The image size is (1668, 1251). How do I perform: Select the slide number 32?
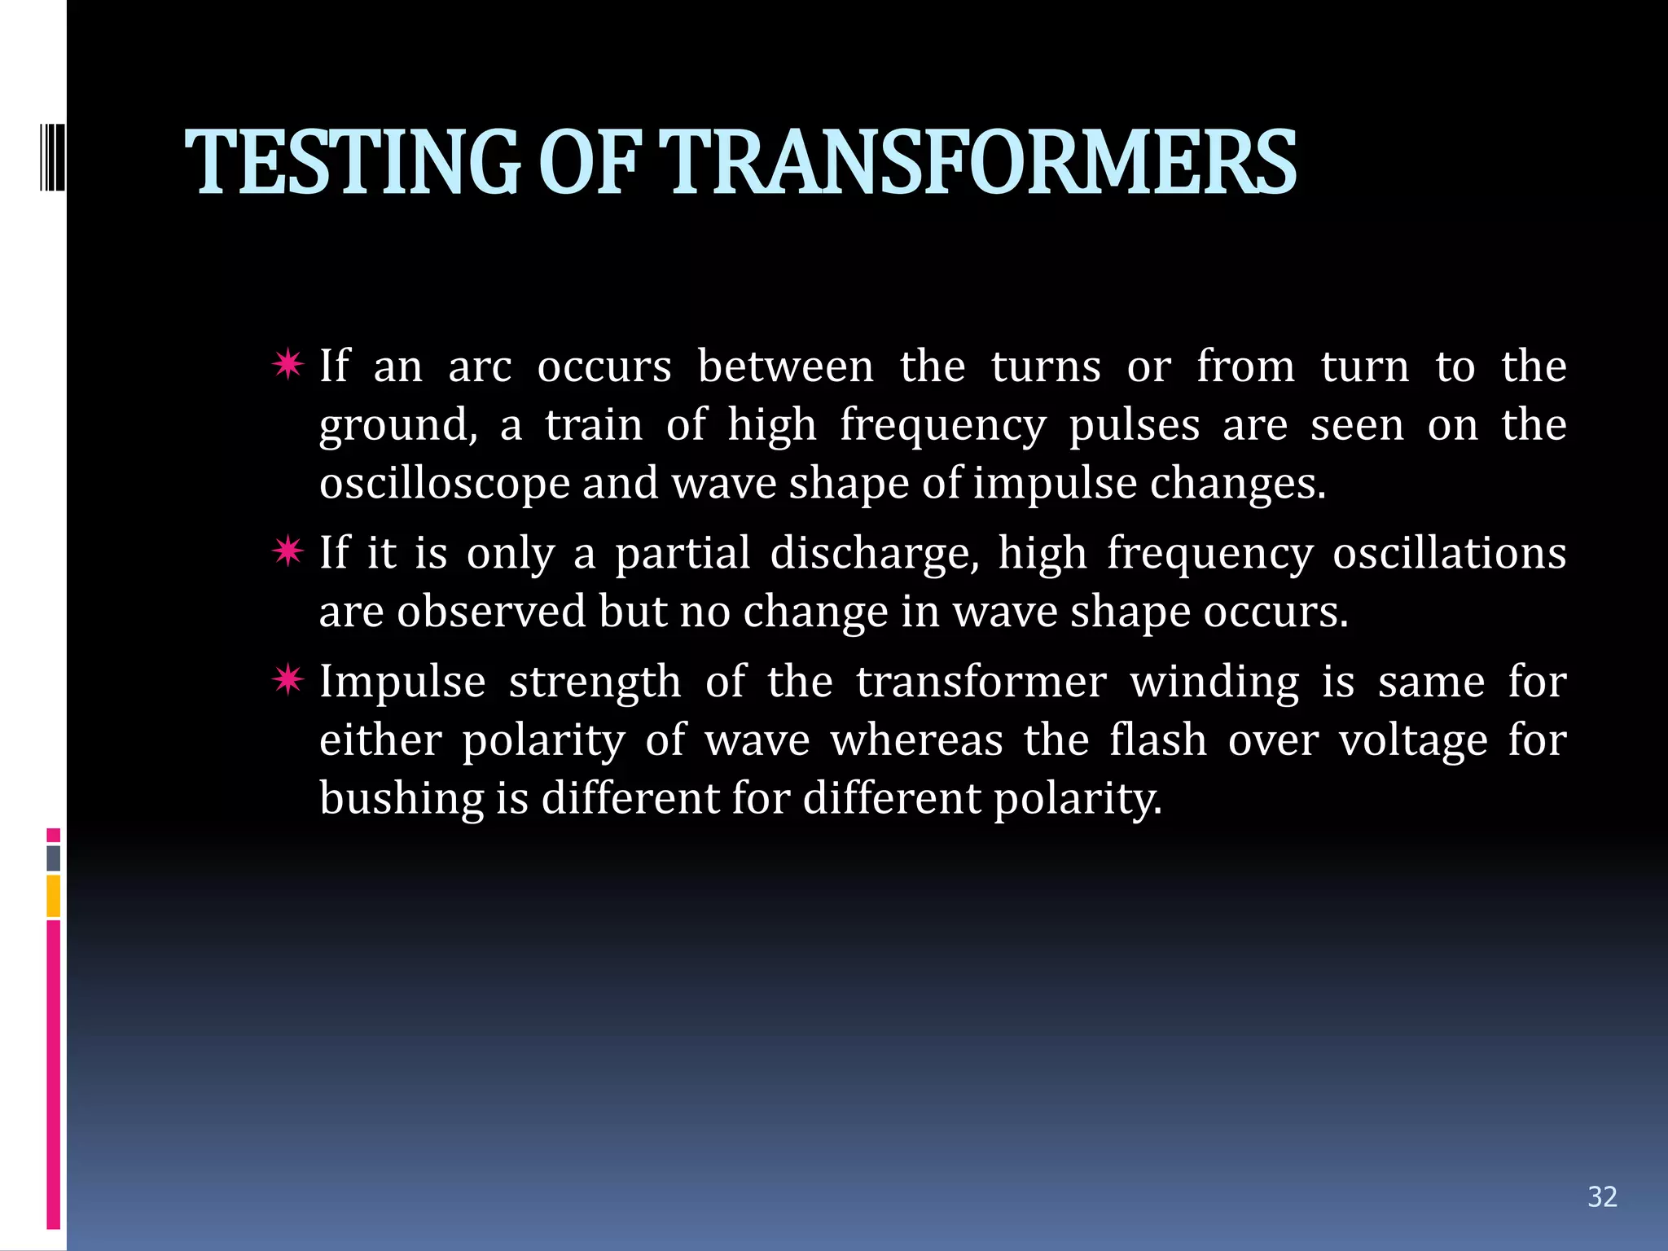(x=1602, y=1196)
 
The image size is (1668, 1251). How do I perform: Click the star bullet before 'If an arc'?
(x=288, y=364)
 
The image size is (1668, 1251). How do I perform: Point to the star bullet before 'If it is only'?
(x=288, y=551)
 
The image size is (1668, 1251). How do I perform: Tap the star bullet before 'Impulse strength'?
(x=288, y=679)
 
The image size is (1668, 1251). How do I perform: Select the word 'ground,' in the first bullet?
(x=398, y=426)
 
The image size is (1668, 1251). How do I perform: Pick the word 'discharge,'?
(x=874, y=554)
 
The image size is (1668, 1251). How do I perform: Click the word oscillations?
(x=1449, y=554)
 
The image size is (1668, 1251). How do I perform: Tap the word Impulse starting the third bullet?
(x=402, y=683)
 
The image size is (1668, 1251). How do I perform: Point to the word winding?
(x=1214, y=683)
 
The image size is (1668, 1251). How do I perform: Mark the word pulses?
(x=1134, y=426)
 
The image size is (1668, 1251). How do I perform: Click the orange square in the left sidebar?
(x=54, y=895)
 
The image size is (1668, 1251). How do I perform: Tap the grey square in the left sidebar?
(x=54, y=858)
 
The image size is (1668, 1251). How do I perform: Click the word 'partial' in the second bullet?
(x=682, y=554)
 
